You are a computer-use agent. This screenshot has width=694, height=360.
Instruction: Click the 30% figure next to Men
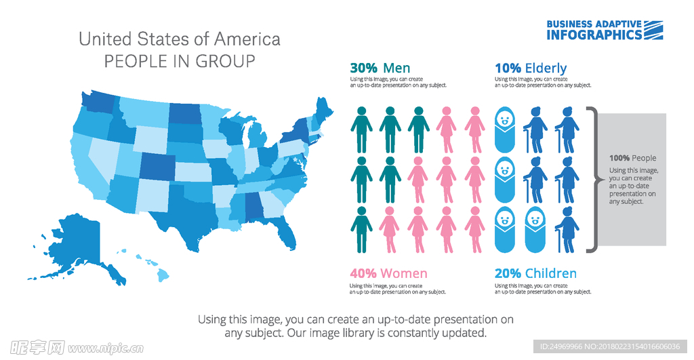363,68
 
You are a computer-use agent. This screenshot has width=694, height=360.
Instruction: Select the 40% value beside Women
363,273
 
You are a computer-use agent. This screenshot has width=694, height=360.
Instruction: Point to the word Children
551,273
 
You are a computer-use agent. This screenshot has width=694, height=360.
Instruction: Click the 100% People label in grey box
632,159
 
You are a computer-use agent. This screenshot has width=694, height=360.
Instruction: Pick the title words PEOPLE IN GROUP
180,62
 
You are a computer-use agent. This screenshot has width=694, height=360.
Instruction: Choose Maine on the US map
324,108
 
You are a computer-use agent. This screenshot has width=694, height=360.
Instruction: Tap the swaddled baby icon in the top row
505,129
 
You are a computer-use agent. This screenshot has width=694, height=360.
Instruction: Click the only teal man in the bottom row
361,231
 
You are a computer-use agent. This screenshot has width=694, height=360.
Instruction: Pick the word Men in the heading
396,68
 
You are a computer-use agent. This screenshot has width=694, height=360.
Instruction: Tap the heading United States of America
180,39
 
